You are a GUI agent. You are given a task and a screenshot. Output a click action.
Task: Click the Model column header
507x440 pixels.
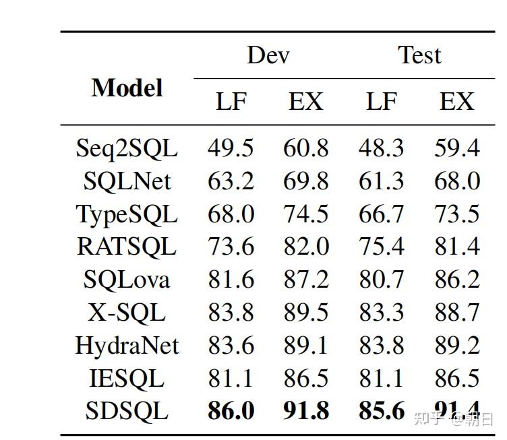tap(127, 88)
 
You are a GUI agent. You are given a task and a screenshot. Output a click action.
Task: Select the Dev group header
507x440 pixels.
tap(268, 55)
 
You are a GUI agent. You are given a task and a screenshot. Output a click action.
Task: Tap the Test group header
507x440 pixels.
tap(419, 55)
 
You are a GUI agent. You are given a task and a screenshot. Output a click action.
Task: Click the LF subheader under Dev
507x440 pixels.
tap(231, 102)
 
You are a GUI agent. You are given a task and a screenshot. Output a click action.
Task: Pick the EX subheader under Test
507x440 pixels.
tap(456, 102)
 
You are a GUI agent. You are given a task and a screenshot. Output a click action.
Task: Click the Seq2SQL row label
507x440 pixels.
tap(127, 148)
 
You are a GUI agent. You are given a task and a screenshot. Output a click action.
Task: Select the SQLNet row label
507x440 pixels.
tap(127, 181)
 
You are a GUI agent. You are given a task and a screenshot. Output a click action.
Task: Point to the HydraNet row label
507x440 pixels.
tap(127, 346)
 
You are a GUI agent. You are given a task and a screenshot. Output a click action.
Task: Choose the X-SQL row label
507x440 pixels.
tap(127, 313)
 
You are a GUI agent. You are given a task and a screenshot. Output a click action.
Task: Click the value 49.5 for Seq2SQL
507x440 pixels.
tap(231, 148)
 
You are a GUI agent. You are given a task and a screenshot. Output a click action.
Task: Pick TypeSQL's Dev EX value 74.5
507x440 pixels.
tap(305, 214)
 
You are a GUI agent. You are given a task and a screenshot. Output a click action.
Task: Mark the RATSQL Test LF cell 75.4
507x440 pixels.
tap(381, 247)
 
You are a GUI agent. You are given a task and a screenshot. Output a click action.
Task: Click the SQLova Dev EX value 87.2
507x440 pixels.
tap(305, 280)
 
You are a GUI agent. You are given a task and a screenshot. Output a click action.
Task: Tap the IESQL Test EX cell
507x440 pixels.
tap(456, 379)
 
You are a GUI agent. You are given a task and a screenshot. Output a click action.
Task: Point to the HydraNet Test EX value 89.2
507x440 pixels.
tap(456, 346)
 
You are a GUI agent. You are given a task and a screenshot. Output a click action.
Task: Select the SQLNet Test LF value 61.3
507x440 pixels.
tap(381, 181)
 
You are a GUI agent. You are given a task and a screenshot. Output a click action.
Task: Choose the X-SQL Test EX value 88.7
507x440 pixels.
tap(456, 313)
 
